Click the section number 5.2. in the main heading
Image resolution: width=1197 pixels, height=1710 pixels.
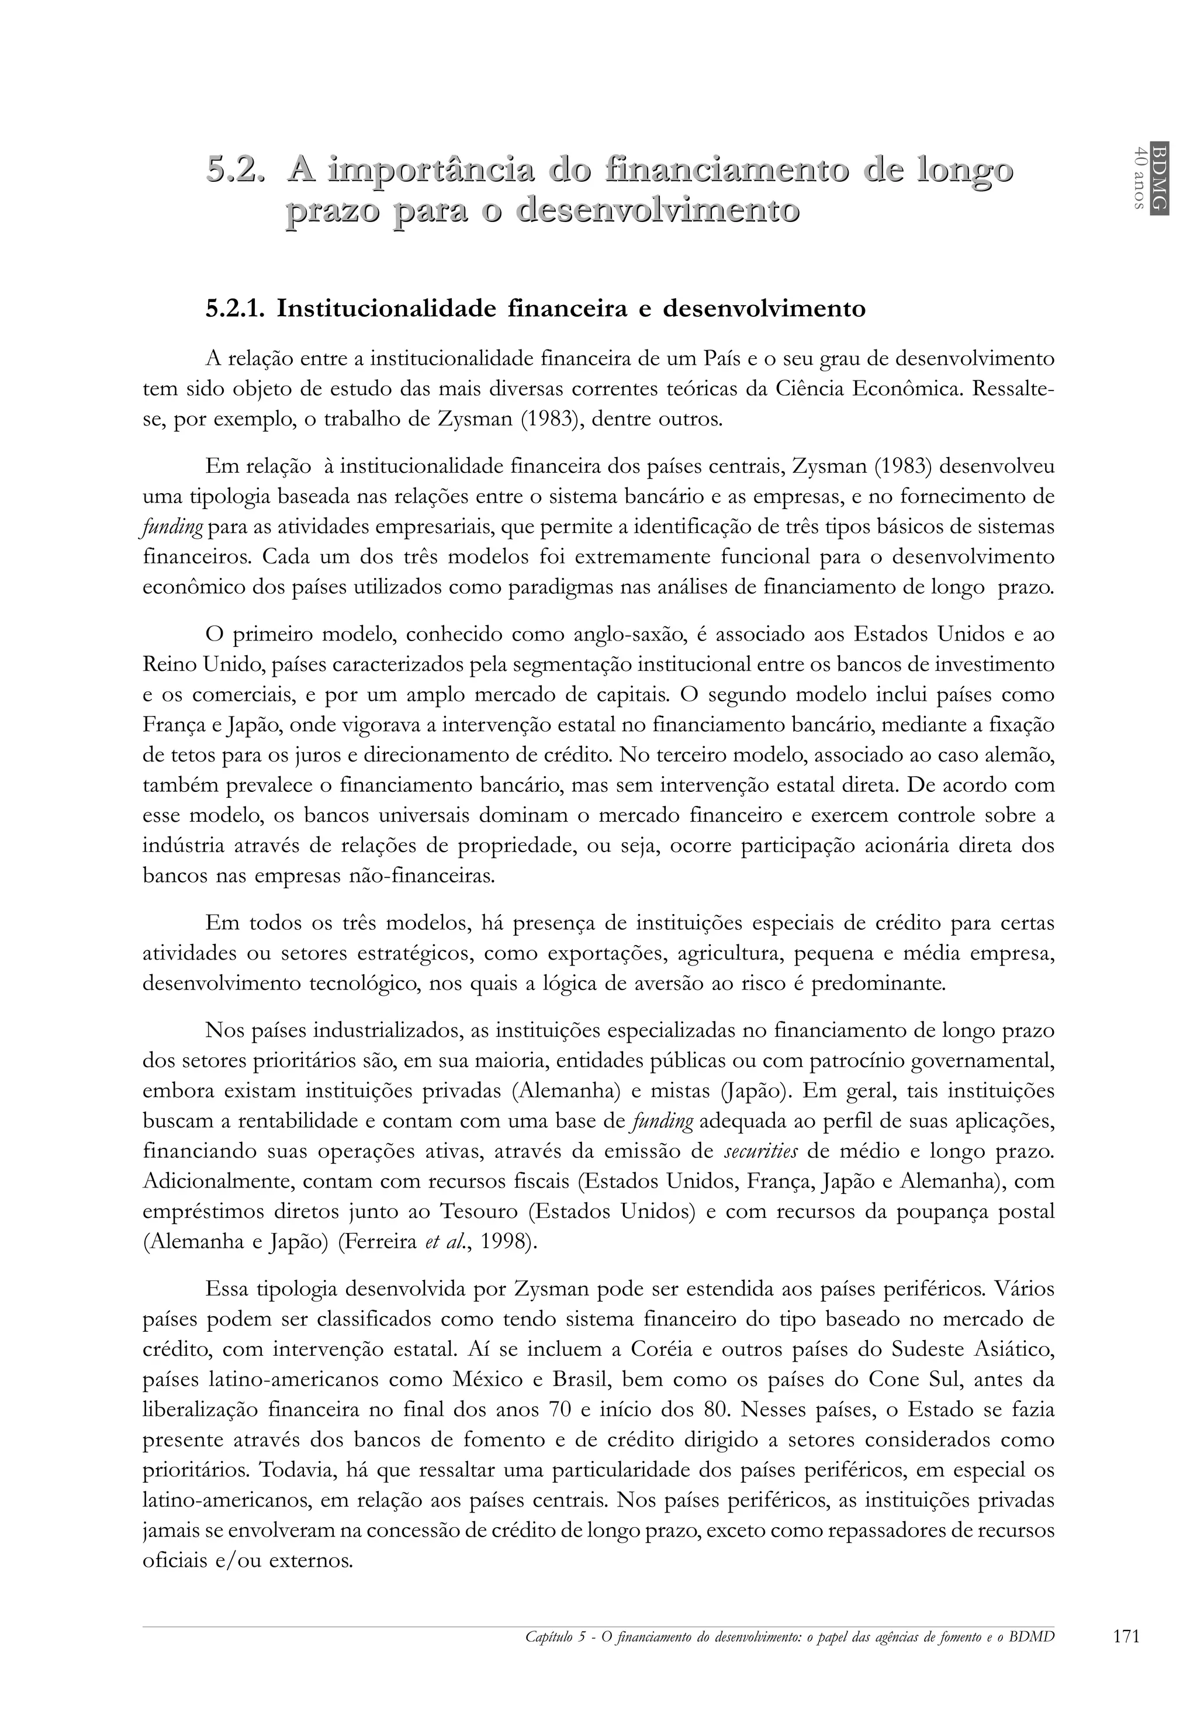point(236,171)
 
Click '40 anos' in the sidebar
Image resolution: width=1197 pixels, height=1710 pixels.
point(1139,177)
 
